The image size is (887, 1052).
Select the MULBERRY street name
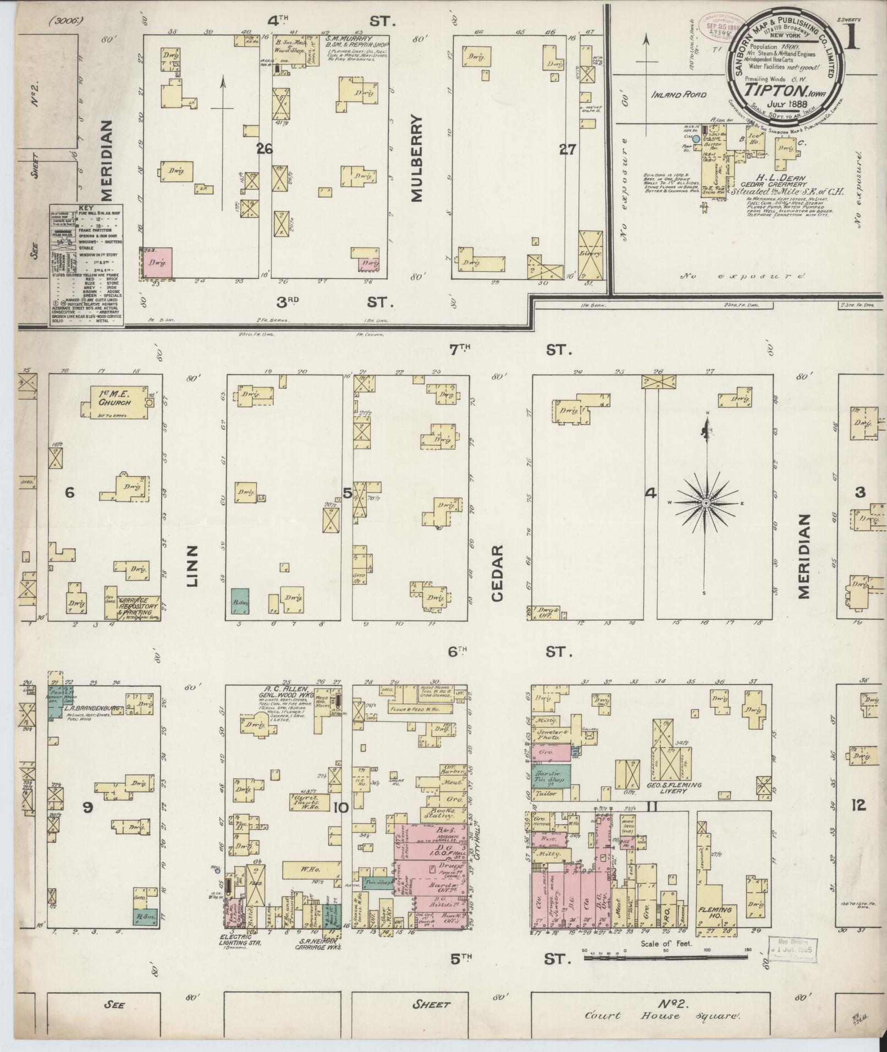(416, 158)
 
